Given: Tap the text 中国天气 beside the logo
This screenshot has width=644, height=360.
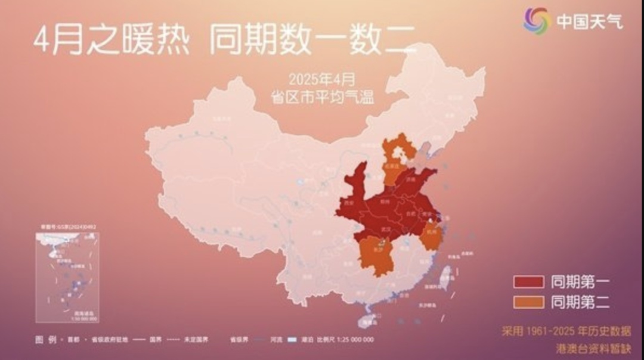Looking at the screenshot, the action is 590,21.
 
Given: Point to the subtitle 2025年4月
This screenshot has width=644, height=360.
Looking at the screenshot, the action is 321,79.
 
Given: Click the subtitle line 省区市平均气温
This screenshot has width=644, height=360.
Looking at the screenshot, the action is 323,98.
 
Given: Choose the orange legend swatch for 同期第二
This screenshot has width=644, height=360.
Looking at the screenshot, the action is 528,302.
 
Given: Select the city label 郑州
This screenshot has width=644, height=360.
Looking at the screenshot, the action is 384,201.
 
